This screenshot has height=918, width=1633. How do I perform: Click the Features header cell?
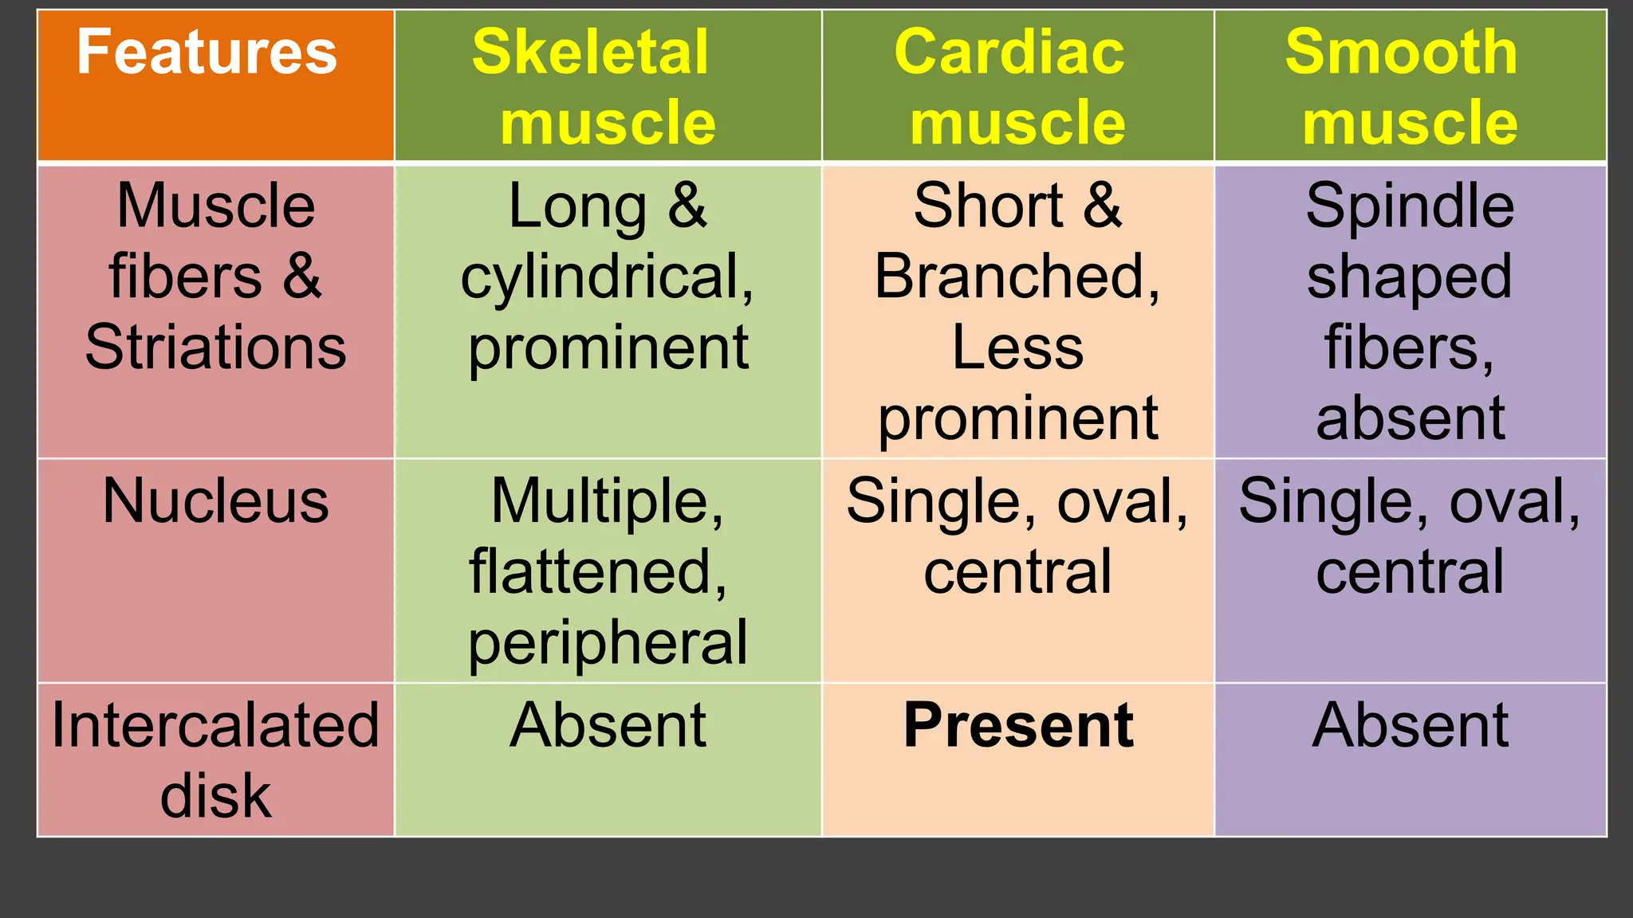(x=207, y=53)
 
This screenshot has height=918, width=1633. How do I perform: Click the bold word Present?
(x=1018, y=725)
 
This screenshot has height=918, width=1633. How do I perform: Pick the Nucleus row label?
(x=215, y=501)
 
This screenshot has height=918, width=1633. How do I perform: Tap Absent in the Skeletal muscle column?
(x=608, y=725)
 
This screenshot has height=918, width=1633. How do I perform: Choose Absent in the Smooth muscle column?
(x=1410, y=725)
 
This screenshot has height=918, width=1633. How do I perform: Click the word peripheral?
(x=608, y=642)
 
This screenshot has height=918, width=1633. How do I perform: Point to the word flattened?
(x=596, y=571)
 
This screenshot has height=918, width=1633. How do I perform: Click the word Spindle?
(x=1410, y=206)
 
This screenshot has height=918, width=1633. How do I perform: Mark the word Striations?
(x=215, y=347)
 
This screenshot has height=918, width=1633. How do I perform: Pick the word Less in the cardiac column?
(x=1017, y=347)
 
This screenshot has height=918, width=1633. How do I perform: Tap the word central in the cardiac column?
(x=1017, y=571)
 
